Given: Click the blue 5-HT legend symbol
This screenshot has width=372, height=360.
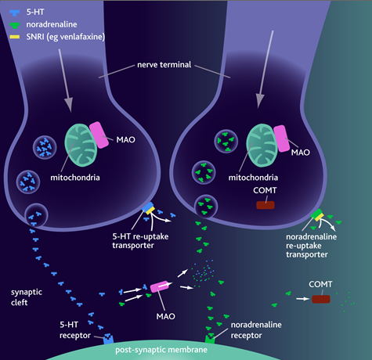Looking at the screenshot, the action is point(14,13).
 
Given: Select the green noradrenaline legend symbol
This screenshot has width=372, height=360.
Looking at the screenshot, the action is point(14,25).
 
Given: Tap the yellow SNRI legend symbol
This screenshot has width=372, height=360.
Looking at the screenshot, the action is point(15,37).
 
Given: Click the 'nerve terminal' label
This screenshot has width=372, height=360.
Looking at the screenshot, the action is point(164,65).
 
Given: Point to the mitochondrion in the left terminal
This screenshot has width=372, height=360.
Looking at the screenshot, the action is point(81,145).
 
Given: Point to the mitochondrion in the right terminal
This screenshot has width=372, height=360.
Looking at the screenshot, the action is point(262,145).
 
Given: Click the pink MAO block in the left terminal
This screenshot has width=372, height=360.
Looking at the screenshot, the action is point(99,135).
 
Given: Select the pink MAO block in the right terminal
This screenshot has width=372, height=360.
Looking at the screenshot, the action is point(282,139).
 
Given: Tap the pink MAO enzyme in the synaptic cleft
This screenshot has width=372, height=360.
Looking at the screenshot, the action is point(159,286).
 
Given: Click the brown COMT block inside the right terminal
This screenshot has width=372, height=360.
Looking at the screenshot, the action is point(265,205).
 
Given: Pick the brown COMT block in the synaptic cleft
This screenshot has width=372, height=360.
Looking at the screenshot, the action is point(321,299).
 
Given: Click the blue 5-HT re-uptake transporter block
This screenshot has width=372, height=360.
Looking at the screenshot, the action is point(148,207).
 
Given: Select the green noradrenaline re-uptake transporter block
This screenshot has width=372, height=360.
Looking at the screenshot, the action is point(316,214).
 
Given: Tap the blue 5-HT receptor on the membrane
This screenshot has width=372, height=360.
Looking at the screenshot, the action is point(108,339).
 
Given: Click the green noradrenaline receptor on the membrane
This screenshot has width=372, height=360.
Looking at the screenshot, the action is point(210,339).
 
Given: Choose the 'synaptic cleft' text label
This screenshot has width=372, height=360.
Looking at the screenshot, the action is point(27,297).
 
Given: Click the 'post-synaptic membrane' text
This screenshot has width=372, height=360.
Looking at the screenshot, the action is point(161,350).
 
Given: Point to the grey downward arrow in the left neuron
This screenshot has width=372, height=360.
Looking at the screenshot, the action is point(66,81).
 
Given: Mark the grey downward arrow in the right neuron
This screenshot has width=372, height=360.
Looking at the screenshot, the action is point(265,70).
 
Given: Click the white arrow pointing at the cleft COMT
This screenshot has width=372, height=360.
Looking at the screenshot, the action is point(303,299).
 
